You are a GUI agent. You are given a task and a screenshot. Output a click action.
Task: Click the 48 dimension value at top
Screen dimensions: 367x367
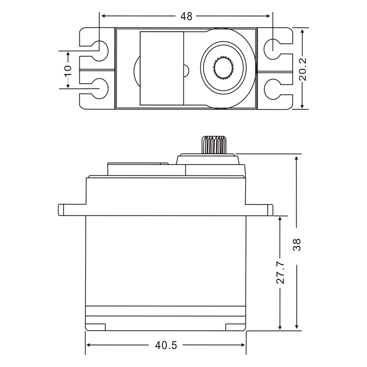[x=186, y=16]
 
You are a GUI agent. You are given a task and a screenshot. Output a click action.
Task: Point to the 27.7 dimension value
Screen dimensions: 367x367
[x=280, y=273]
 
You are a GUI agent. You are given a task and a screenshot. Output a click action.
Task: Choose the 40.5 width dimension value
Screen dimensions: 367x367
[x=166, y=345]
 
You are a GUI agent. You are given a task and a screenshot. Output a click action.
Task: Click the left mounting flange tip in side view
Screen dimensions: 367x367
[x=61, y=210]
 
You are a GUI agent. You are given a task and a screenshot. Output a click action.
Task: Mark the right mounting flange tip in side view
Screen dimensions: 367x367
[x=270, y=210]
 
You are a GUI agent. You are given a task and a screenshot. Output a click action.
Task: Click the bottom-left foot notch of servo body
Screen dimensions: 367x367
[x=96, y=327]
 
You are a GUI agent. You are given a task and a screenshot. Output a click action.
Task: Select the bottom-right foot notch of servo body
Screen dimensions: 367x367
[x=235, y=327]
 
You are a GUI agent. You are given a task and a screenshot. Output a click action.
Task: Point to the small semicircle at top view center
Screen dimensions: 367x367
[x=186, y=70]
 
